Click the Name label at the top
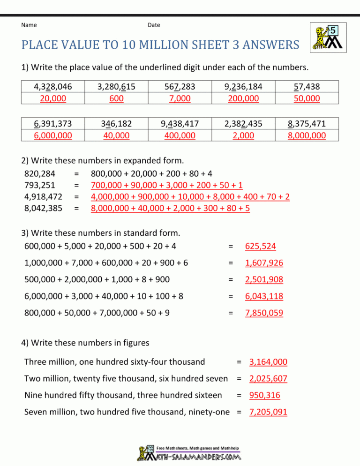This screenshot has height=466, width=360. click(x=30, y=25)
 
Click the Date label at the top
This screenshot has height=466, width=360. click(x=153, y=25)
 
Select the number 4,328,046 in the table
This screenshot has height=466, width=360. click(x=53, y=87)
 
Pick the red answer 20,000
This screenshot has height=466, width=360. click(x=53, y=98)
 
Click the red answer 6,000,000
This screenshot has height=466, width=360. click(x=53, y=135)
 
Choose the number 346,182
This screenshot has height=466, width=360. click(x=116, y=124)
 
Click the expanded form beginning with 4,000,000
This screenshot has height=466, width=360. click(x=190, y=197)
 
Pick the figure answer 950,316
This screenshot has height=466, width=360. click(x=265, y=395)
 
